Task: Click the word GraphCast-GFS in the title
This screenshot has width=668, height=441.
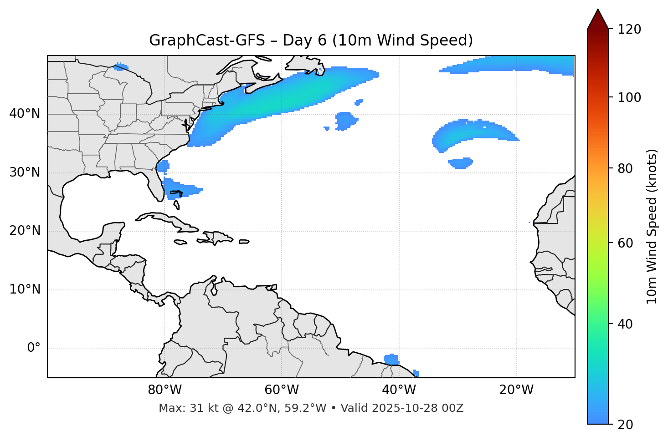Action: pyautogui.click(x=207, y=41)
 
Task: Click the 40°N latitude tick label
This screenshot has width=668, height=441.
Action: pyautogui.click(x=25, y=114)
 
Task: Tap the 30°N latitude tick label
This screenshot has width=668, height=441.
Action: pyautogui.click(x=25, y=172)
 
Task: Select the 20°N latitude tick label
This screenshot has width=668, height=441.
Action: pyautogui.click(x=25, y=231)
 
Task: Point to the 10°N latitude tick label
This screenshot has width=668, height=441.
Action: pyautogui.click(x=25, y=289)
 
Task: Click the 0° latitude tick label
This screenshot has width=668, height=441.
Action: pyautogui.click(x=34, y=348)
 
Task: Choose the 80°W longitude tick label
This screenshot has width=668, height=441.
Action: pyautogui.click(x=164, y=390)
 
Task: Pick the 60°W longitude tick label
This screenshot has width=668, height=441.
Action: pyautogui.click(x=282, y=390)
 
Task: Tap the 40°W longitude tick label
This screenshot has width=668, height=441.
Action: pyautogui.click(x=399, y=390)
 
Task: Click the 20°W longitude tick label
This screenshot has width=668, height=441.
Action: pyautogui.click(x=516, y=390)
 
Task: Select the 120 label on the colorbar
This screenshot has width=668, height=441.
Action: pyautogui.click(x=629, y=30)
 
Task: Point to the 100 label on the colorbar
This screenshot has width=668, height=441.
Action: pyautogui.click(x=629, y=97)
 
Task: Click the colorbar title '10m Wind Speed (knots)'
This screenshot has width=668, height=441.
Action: pyautogui.click(x=653, y=227)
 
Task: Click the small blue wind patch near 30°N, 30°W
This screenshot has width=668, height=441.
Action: pyautogui.click(x=461, y=162)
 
